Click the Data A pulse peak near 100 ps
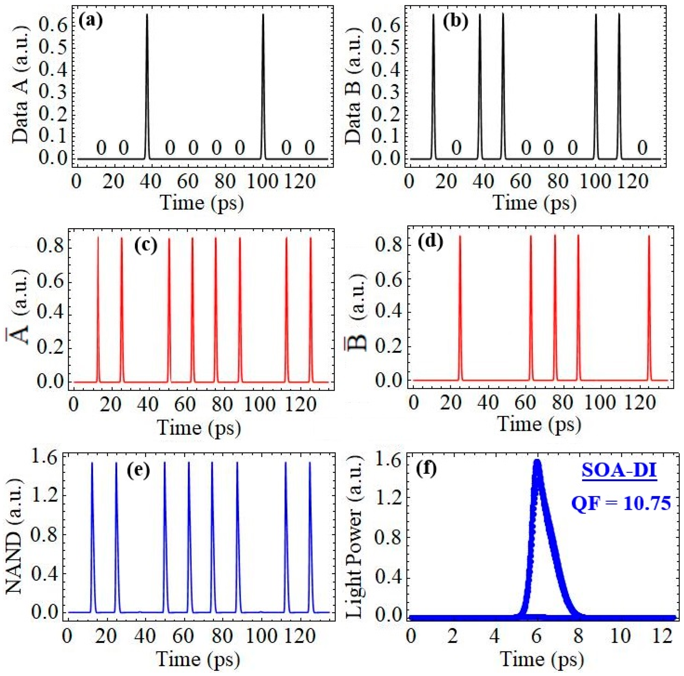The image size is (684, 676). [x=263, y=15]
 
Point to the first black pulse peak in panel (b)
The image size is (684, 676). [x=433, y=15]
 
